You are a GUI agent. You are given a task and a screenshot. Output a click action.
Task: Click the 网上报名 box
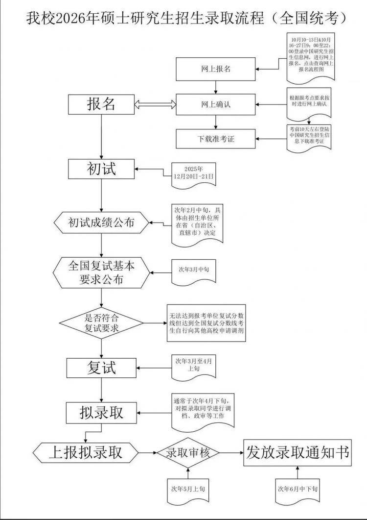pyautogui.click(x=215, y=69)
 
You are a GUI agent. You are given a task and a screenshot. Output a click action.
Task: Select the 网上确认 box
pyautogui.click(x=215, y=104)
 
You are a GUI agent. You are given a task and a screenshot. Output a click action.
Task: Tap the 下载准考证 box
pyautogui.click(x=215, y=139)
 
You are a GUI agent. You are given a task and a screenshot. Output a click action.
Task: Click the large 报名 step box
pyautogui.click(x=101, y=104)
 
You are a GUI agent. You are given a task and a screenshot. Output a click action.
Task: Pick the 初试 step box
pyautogui.click(x=101, y=169)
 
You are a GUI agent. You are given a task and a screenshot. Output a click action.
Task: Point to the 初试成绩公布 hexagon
pyautogui.click(x=101, y=223)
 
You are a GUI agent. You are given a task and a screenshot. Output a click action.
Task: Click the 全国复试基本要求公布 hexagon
pyautogui.click(x=101, y=273)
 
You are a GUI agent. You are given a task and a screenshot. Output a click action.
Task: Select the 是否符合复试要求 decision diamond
pyautogui.click(x=101, y=323)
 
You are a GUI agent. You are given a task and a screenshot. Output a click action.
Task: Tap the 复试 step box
pyautogui.click(x=101, y=368)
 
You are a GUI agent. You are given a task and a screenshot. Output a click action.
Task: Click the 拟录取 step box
pyautogui.click(x=101, y=413)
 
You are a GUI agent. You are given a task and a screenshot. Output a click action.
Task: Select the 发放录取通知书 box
pyautogui.click(x=298, y=452)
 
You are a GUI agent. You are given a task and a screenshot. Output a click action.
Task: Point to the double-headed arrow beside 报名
pyautogui.click(x=155, y=104)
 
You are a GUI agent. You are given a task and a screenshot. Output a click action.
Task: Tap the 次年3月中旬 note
pyautogui.click(x=193, y=270)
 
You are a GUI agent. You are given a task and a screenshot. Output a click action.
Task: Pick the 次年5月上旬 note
pyautogui.click(x=188, y=489)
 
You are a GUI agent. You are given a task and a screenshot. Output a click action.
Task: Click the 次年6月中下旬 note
pyautogui.click(x=298, y=489)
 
